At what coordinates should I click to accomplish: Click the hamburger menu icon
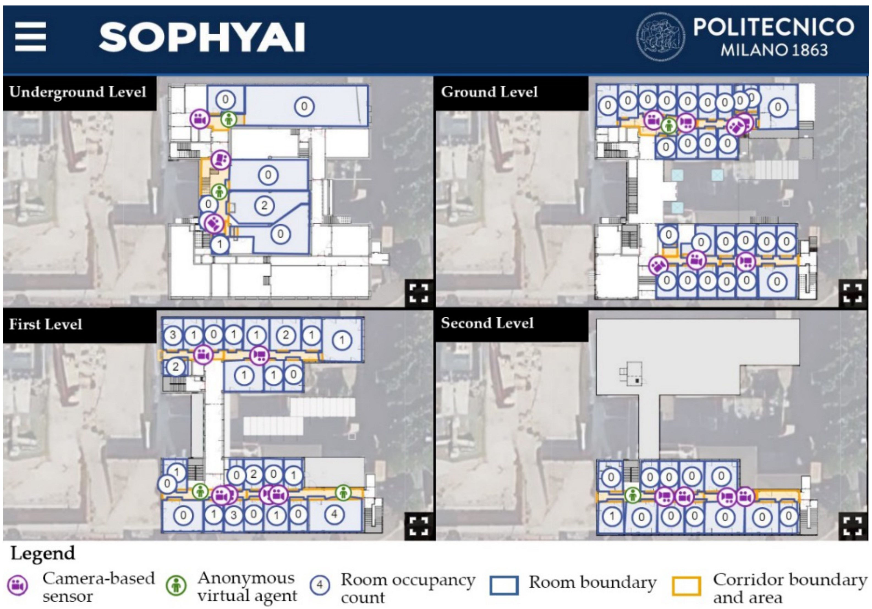click(x=30, y=37)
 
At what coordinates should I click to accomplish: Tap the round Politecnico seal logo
click(x=660, y=37)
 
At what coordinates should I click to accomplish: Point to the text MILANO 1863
click(x=774, y=50)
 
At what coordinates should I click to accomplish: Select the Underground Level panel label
click(x=78, y=92)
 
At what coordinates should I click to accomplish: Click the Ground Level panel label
click(x=489, y=92)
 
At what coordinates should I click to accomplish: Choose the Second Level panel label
click(x=487, y=323)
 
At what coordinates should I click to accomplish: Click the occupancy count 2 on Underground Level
click(x=264, y=205)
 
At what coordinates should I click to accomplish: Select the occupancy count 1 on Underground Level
click(x=220, y=244)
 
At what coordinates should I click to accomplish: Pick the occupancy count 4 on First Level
click(x=334, y=514)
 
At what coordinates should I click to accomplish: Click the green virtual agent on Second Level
click(x=632, y=495)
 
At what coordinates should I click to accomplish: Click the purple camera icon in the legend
click(x=18, y=585)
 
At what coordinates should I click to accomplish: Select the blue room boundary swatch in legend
click(x=504, y=585)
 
